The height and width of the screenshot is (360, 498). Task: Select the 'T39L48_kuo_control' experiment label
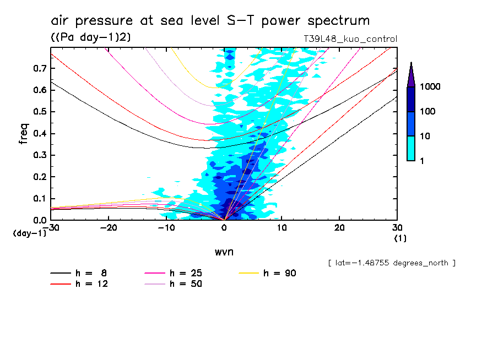click(350, 39)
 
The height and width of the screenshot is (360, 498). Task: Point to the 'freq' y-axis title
click(24, 134)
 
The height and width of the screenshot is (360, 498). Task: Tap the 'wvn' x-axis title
click(224, 252)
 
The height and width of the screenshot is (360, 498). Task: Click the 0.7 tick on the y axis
click(38, 68)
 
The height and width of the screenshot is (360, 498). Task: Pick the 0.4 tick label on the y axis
click(38, 134)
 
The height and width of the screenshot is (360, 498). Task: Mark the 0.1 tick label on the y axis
click(38, 199)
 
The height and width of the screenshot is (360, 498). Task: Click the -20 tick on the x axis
click(109, 228)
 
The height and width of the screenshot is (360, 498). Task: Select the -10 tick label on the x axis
click(166, 228)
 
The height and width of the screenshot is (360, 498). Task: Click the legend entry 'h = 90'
click(280, 273)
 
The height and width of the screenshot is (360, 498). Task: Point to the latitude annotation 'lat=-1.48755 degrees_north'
click(391, 263)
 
